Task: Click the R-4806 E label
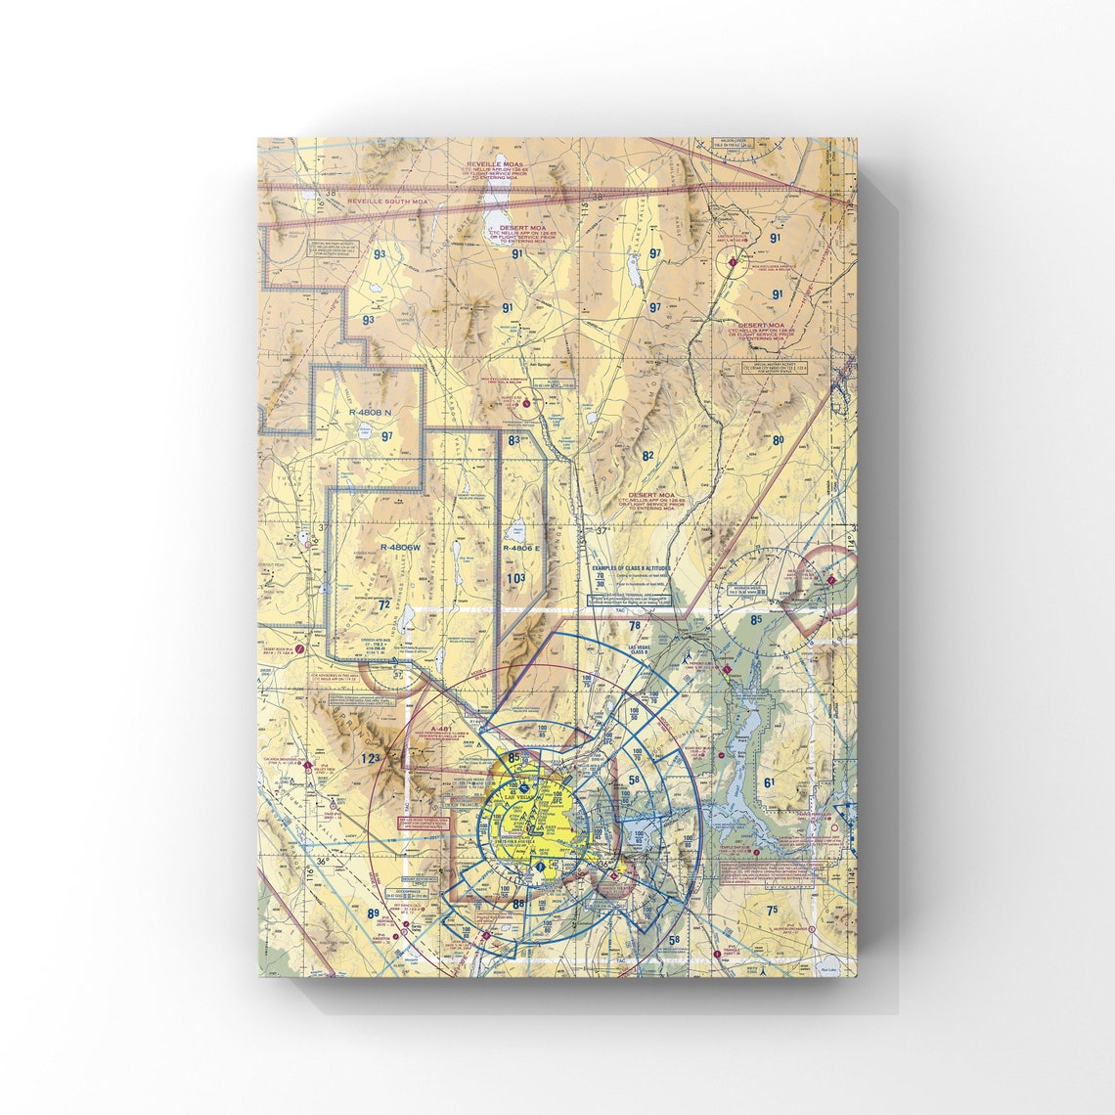click(521, 548)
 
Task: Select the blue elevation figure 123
click(369, 758)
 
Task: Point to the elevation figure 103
click(516, 578)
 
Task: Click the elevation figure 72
click(383, 605)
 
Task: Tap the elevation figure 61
click(771, 781)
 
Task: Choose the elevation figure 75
click(773, 910)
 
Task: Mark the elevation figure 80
click(779, 440)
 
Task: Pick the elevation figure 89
click(373, 914)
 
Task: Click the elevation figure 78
click(634, 626)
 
